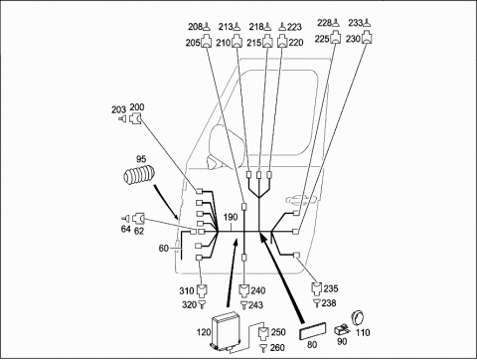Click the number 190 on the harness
231,218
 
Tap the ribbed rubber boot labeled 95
139,174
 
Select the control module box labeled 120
227,330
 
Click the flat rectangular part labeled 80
312,331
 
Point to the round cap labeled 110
358,318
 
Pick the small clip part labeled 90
341,329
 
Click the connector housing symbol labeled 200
136,118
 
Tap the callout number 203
118,109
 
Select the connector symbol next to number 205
207,42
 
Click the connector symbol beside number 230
367,38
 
